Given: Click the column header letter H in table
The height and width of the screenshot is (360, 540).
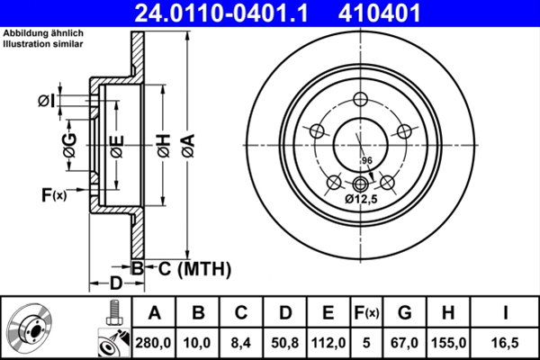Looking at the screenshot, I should pyautogui.click(x=448, y=312).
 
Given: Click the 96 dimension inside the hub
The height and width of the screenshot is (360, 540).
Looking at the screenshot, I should pyautogui.click(x=366, y=160).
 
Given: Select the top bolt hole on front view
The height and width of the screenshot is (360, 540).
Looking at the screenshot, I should pyautogui.click(x=362, y=100).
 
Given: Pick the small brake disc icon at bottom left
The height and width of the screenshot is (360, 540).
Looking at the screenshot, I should pyautogui.click(x=31, y=328).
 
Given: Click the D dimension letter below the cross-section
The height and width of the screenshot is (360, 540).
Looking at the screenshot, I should pyautogui.click(x=115, y=283).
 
